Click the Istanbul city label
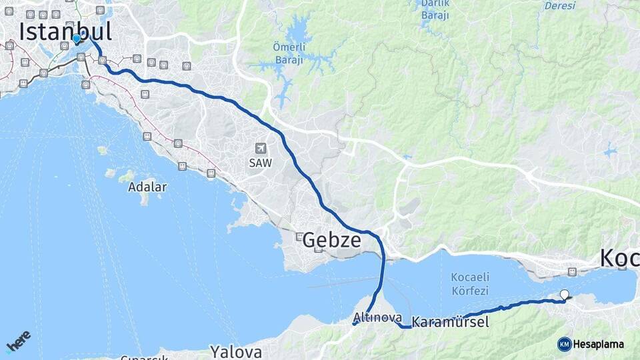pos(65,31)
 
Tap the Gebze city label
pos(332,241)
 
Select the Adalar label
pos(147,187)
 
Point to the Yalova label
pos(236,351)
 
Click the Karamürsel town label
pos(450,323)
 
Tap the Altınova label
pos(377,317)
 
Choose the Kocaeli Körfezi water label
pos(470,283)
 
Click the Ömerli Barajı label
pos(288,53)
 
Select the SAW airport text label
pos(261,162)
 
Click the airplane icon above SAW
pos(261,149)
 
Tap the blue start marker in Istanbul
pos(77,39)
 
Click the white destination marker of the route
pos(565,294)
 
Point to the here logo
pos(18,341)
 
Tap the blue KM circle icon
pos(564,344)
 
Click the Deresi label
pos(559,6)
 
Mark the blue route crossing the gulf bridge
pos(383,273)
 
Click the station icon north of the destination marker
pos(572,271)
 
